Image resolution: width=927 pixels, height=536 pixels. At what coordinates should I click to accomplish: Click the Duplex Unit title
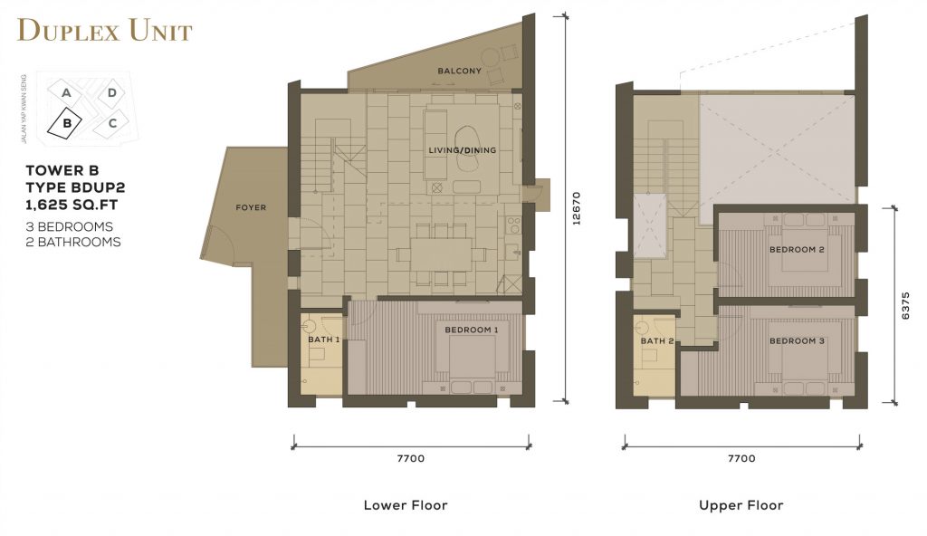click(105, 31)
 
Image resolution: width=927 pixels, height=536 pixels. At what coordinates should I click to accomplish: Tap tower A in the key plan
click(65, 92)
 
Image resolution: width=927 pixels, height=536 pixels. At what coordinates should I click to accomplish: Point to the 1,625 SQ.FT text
click(70, 203)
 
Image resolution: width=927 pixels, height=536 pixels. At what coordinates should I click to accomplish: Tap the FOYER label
click(251, 207)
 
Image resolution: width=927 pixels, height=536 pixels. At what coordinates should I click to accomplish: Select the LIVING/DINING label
click(463, 149)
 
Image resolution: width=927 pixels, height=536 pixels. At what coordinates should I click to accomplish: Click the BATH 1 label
click(323, 340)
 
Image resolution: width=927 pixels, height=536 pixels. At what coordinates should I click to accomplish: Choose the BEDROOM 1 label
click(471, 330)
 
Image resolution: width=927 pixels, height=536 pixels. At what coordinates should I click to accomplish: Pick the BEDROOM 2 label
click(797, 250)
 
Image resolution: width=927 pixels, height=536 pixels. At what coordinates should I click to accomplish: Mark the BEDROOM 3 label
click(797, 340)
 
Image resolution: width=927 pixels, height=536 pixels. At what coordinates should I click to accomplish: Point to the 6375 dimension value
click(906, 305)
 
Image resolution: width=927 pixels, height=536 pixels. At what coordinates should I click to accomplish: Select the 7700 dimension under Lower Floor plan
click(410, 459)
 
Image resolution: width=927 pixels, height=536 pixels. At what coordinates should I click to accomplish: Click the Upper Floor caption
click(741, 505)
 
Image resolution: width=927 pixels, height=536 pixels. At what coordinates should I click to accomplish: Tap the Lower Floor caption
click(405, 505)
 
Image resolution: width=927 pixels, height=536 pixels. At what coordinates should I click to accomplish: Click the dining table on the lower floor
click(440, 254)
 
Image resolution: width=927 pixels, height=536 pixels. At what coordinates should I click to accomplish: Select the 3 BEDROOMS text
click(69, 226)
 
